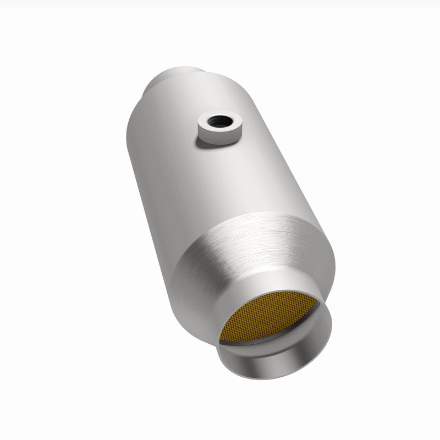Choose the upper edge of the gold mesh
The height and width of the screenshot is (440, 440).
pos(275,302)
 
